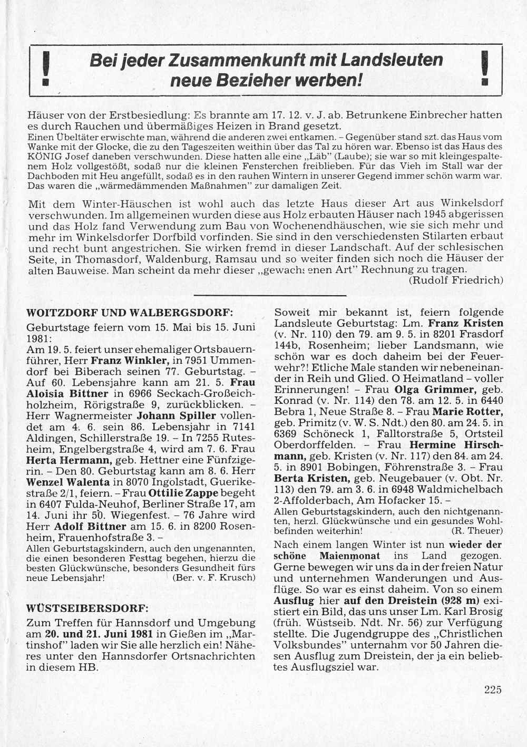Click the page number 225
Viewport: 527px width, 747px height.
coord(493,689)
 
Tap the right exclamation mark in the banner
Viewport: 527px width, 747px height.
coord(485,70)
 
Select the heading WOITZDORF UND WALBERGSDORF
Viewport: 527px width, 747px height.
coord(130,313)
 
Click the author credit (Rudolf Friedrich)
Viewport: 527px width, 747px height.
coord(456,280)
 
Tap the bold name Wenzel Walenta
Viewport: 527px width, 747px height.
coord(68,482)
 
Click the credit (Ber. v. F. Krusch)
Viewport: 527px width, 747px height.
coord(213,577)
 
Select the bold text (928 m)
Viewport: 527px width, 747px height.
coord(458,600)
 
